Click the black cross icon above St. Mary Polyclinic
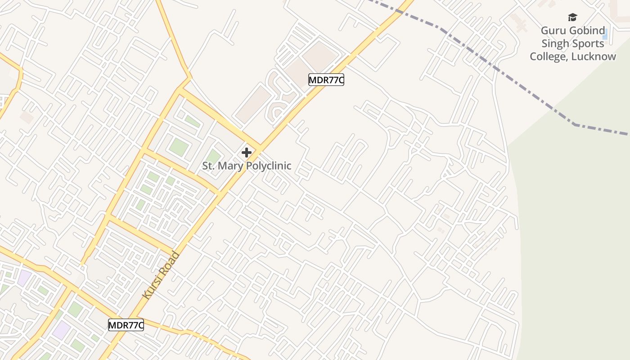(246, 153)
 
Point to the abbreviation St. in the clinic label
(209, 166)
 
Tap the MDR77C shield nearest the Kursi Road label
(126, 325)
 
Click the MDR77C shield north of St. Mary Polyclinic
(326, 80)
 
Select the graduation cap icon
(572, 17)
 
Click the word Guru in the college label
(553, 31)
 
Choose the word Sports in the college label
(588, 44)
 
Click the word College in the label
(548, 57)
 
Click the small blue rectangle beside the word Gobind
(605, 34)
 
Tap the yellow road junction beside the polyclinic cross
(259, 147)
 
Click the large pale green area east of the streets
(576, 225)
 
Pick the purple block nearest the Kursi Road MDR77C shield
(62, 330)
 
